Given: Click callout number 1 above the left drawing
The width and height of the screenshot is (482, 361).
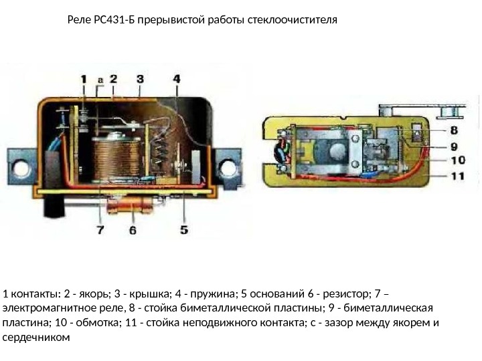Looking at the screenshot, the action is (84, 80).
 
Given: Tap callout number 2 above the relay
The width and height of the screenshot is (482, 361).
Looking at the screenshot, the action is (114, 80).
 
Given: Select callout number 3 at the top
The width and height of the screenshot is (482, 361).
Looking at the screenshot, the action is (139, 80).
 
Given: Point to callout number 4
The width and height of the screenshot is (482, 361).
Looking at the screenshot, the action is (176, 80).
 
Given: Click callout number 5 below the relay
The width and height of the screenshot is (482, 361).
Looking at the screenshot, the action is (184, 231).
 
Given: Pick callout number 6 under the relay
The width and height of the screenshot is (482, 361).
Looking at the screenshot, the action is (133, 231).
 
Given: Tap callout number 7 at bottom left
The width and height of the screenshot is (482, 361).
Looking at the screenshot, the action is (100, 231).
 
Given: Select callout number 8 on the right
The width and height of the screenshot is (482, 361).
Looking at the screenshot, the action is (453, 130).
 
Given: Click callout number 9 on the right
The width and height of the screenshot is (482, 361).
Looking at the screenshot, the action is (453, 146).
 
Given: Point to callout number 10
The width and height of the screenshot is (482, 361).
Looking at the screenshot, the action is (457, 160).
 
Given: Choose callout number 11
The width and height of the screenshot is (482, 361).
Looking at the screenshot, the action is (457, 176).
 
